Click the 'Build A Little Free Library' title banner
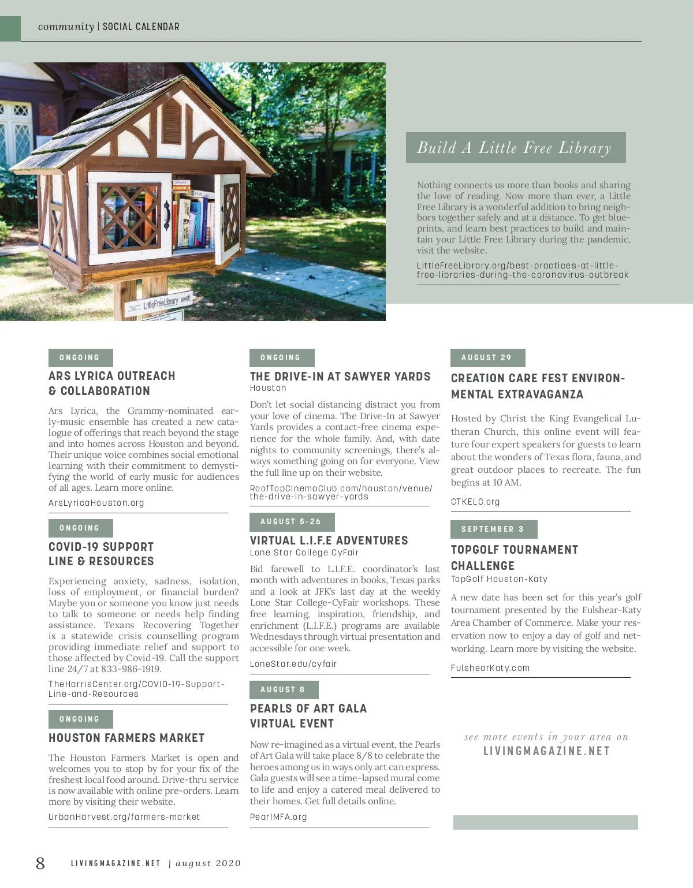(515, 148)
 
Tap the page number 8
(40, 863)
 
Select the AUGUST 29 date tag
(487, 358)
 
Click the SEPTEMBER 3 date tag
(493, 529)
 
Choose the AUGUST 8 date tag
(283, 690)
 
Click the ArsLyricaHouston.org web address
(96, 503)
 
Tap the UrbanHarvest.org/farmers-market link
(124, 817)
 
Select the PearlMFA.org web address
(278, 817)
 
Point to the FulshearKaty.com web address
(490, 668)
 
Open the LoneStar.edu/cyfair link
(293, 664)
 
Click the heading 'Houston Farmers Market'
(126, 738)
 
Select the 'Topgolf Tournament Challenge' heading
(514, 558)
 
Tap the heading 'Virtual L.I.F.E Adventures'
(329, 540)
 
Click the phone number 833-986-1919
(131, 669)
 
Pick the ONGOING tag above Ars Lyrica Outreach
(80, 358)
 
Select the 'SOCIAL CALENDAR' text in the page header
(141, 27)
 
